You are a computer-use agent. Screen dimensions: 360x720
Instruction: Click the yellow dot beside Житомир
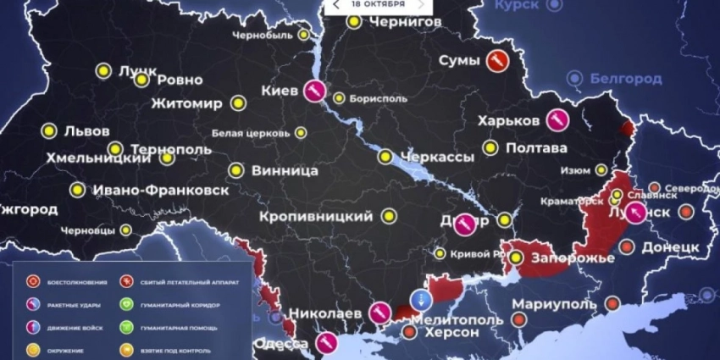pyautogui.click(x=238, y=104)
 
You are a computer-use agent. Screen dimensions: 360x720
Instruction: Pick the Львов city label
pyautogui.click(x=86, y=132)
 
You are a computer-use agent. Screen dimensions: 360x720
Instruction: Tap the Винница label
pyautogui.click(x=285, y=171)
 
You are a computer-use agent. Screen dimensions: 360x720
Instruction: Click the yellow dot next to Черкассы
pyautogui.click(x=385, y=157)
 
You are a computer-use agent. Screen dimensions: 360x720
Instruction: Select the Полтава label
pyautogui.click(x=536, y=148)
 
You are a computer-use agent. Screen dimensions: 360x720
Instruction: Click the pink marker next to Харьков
pyautogui.click(x=557, y=120)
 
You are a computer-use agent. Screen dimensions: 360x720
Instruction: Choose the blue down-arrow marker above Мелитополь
pyautogui.click(x=420, y=299)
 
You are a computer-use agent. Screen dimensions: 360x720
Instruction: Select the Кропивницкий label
pyautogui.click(x=317, y=217)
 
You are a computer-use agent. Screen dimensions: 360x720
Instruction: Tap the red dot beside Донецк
pyautogui.click(x=626, y=246)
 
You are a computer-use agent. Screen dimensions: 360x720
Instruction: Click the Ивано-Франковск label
pyautogui.click(x=160, y=191)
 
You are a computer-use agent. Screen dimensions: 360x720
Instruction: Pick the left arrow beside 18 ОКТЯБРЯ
pyautogui.click(x=336, y=4)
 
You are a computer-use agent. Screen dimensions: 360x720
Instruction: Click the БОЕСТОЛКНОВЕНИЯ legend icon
pyautogui.click(x=34, y=281)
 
